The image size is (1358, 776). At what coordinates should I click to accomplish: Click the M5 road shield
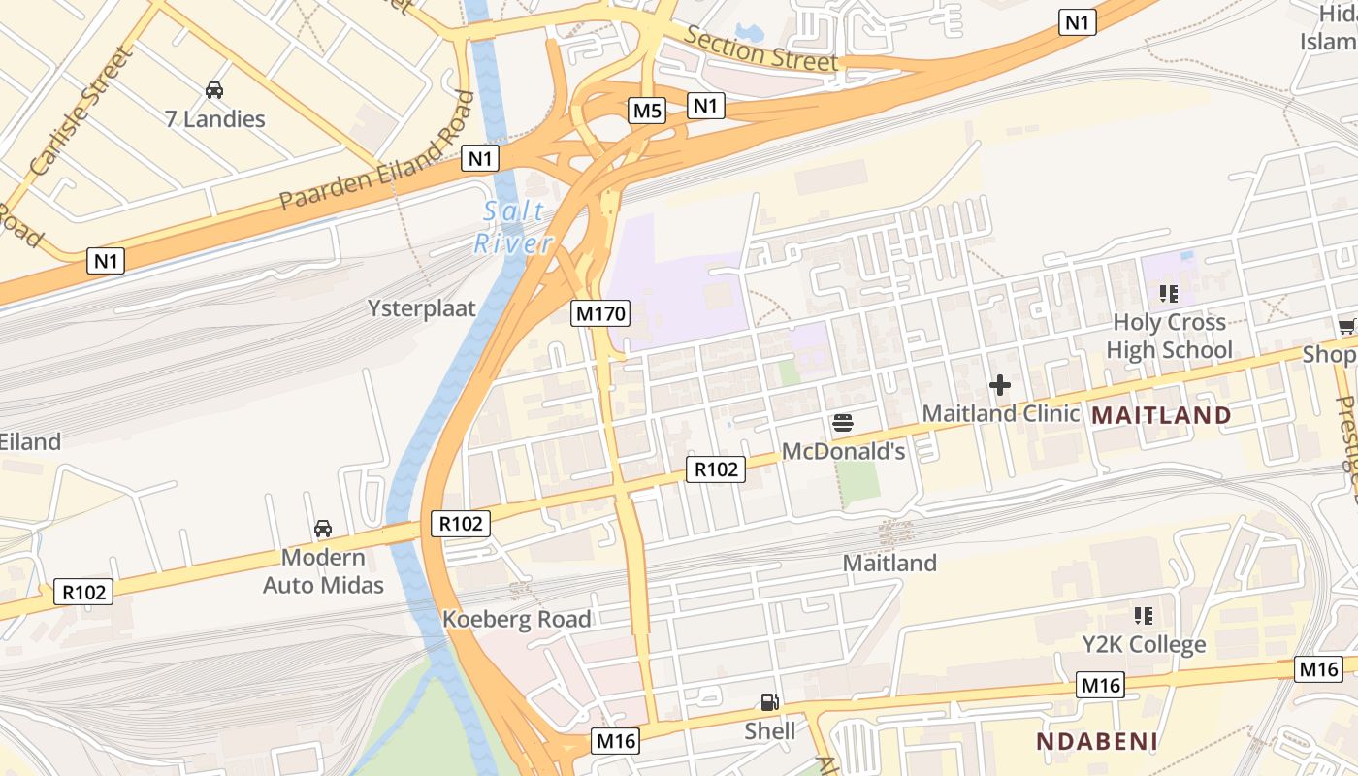click(647, 111)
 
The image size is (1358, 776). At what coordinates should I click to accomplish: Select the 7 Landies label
click(214, 119)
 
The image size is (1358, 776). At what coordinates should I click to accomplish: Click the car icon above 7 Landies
click(214, 90)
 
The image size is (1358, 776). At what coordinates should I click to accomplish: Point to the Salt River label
click(513, 227)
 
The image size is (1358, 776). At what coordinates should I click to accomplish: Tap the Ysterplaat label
click(422, 308)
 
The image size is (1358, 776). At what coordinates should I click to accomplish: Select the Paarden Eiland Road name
click(378, 152)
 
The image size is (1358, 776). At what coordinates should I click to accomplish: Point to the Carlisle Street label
click(81, 112)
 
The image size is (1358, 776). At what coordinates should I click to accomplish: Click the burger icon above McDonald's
click(842, 422)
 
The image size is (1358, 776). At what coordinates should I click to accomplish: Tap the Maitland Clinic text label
click(1000, 413)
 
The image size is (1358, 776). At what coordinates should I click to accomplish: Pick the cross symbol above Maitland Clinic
click(1000, 385)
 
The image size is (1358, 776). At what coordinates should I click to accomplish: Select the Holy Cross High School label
click(1169, 336)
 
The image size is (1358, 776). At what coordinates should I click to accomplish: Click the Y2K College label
click(1144, 644)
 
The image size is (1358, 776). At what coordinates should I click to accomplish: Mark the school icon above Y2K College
click(1144, 616)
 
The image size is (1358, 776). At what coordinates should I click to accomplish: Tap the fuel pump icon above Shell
click(769, 701)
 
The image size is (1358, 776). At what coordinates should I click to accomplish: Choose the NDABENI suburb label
click(1097, 742)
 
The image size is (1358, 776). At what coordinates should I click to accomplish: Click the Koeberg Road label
click(516, 619)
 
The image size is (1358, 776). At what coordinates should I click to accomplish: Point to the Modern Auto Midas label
click(323, 571)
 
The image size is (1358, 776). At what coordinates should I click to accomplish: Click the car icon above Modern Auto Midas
click(323, 529)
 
